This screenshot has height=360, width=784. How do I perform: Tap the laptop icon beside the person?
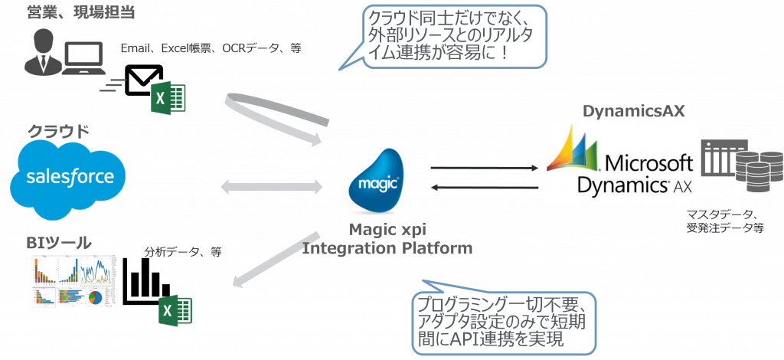(x=85, y=61)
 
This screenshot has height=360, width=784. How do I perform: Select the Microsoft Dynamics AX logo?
(x=621, y=164)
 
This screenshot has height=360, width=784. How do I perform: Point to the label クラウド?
(x=58, y=132)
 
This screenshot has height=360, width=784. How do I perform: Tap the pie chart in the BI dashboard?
(x=96, y=296)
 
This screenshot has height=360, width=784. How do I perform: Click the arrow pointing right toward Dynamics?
(x=485, y=167)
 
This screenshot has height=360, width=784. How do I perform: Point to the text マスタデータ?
(x=720, y=214)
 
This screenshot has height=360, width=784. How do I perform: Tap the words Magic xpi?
(x=387, y=229)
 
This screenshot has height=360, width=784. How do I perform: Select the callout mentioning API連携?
(x=503, y=319)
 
